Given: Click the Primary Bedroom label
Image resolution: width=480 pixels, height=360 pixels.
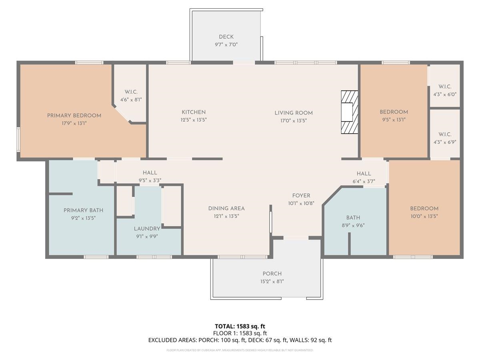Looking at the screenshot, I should tap(74, 116).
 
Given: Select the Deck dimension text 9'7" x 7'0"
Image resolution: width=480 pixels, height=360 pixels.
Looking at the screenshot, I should tap(226, 45).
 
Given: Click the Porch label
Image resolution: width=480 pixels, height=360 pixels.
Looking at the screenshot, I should tap(272, 274).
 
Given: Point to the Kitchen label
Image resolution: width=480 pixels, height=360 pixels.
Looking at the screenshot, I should tap(194, 112).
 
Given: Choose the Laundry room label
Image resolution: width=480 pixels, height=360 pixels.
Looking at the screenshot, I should tap(147, 229).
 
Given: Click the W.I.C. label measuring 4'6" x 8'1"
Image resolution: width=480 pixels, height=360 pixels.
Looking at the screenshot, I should tap(131, 92).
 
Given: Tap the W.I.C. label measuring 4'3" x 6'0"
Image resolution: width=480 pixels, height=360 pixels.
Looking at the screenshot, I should tap(445, 87).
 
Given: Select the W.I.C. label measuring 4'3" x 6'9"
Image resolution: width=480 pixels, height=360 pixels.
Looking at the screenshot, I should tap(445, 134).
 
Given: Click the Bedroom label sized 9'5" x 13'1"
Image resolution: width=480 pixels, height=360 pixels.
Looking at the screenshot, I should tap(394, 112).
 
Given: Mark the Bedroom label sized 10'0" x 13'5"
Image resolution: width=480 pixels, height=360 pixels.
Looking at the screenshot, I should tap(424, 208).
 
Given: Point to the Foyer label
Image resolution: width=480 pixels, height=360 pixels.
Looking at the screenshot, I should tap(301, 196).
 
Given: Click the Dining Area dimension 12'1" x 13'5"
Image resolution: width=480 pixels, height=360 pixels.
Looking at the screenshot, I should tap(226, 216).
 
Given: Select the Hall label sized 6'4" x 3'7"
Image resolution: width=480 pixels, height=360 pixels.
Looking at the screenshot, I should tap(364, 174).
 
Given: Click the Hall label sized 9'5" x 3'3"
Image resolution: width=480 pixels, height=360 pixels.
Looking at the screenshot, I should tap(150, 173).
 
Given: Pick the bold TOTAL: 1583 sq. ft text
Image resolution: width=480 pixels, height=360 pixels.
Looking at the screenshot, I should tap(240, 326).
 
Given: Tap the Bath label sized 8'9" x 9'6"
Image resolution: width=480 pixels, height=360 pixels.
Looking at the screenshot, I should tap(353, 218).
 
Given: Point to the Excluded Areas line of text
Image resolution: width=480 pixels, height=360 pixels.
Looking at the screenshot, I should tap(240, 340).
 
